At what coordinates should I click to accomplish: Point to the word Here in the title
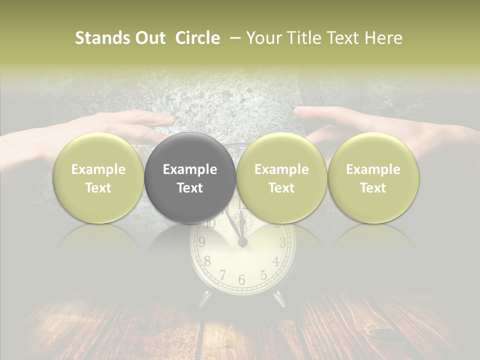pos(385,38)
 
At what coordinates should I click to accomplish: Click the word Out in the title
pos(149,38)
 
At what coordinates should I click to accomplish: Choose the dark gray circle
pos(190,178)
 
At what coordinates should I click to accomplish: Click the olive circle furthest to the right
pos(373,178)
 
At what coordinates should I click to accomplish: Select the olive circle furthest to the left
pos(98,178)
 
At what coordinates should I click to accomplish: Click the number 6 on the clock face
pos(241,280)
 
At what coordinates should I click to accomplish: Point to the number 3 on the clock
pos(282,243)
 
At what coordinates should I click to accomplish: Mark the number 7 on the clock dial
pos(222,274)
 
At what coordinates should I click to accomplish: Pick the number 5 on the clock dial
pos(263,274)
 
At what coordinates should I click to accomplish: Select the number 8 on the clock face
pos(207,261)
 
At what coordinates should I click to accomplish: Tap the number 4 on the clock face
pos(276,261)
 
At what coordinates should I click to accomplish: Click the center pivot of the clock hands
pos(242,242)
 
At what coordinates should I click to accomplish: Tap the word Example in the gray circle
pos(190,169)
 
